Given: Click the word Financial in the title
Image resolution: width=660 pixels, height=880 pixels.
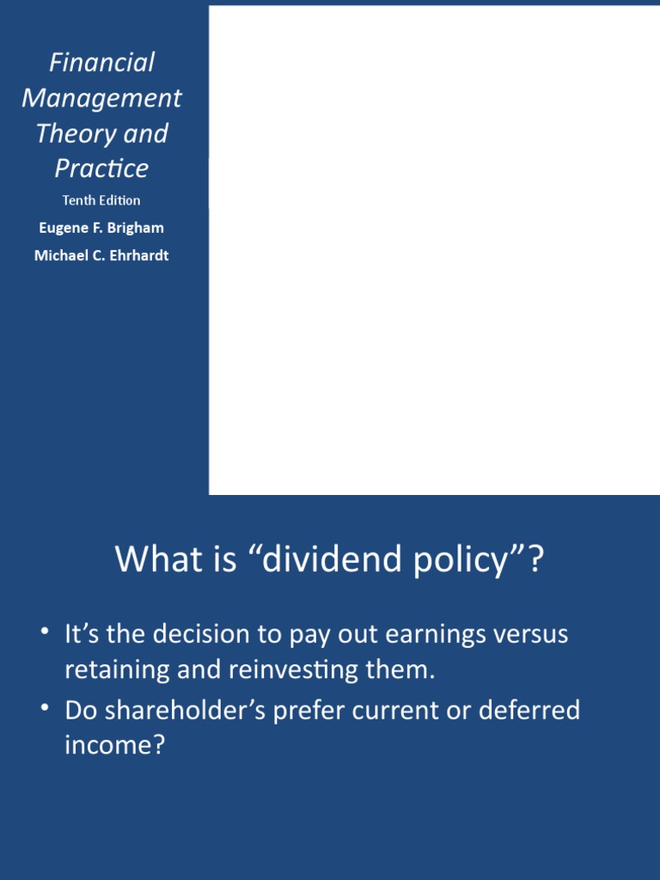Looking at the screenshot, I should [101, 63].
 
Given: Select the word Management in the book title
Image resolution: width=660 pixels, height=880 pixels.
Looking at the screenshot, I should [101, 99].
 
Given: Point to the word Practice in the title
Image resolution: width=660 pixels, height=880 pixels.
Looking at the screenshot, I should [101, 168].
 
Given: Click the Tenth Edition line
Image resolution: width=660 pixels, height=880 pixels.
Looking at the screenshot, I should [101, 200].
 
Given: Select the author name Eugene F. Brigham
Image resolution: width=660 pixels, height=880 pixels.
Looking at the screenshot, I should [101, 228].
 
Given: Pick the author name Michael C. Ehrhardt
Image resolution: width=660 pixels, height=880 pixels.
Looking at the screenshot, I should [101, 255].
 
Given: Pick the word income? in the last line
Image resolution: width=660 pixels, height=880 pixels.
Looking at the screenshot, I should [113, 745].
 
